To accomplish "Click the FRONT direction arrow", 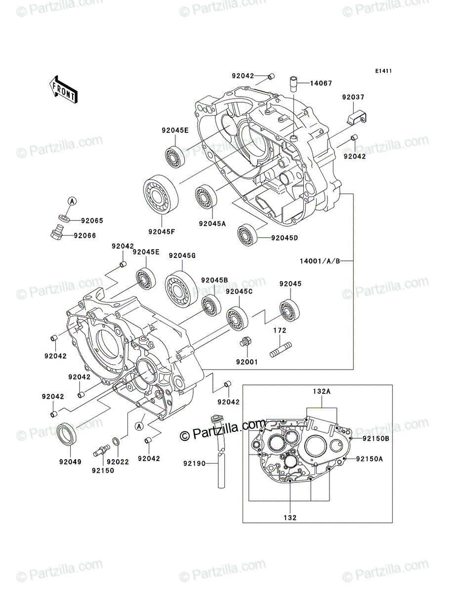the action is pos(63,89).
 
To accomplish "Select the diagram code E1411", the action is pos(383,71).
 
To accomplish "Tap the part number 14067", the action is pos(321,83).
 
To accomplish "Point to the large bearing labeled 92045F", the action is pos(161,194).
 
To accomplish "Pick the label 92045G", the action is pos(182,255).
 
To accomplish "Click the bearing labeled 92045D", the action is pos(247,235).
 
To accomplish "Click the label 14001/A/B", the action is pos(320,261).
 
